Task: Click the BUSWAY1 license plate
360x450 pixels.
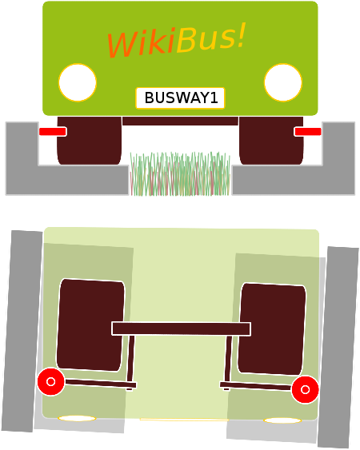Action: tap(180, 98)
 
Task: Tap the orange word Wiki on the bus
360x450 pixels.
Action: tap(141, 43)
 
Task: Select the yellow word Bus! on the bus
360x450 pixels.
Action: tap(211, 38)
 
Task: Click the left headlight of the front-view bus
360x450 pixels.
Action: tap(78, 82)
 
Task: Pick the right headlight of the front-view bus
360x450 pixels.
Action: tap(283, 82)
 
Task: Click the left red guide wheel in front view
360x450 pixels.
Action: tap(53, 132)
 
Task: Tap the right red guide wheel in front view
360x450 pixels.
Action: tap(307, 132)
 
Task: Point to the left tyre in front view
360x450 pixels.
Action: tap(90, 141)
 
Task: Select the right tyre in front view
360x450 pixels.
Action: tap(271, 141)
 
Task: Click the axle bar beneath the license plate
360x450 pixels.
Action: tap(180, 121)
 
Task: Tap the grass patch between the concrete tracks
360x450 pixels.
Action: tap(180, 174)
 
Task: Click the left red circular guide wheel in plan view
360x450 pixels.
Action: tap(51, 382)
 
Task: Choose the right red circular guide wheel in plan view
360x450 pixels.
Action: tap(305, 389)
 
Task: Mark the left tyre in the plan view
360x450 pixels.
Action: tap(90, 325)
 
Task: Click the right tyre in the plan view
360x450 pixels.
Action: tap(272, 329)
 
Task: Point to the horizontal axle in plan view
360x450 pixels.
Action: tap(181, 329)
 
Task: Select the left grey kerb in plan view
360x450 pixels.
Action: tap(22, 331)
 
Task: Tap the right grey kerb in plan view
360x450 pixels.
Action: tap(338, 348)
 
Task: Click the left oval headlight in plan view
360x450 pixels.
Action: tap(77, 419)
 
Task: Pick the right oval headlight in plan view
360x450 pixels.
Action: tap(282, 420)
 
